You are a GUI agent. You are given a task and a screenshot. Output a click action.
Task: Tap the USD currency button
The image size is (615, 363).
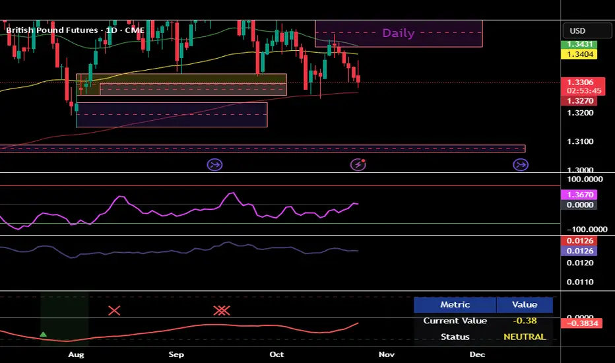[x=577, y=31]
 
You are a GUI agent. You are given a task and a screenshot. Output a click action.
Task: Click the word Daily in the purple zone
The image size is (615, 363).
[x=399, y=33]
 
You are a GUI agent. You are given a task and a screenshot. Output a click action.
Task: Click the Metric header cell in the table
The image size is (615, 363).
[x=455, y=304]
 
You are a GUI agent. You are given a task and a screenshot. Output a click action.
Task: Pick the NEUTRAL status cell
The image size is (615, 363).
[x=525, y=337]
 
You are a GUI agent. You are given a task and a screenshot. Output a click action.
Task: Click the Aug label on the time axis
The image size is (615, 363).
[x=76, y=354]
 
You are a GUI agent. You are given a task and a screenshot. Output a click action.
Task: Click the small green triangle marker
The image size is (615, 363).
[x=44, y=335]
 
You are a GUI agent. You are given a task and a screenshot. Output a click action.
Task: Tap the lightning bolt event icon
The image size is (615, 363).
[x=358, y=164]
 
